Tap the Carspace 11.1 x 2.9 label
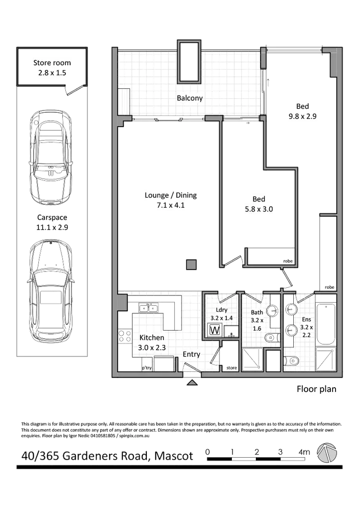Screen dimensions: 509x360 (x=52, y=223)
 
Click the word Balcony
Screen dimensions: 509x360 (x=190, y=98)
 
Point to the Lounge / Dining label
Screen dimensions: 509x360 (x=171, y=201)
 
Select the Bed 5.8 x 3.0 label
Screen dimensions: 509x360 (x=259, y=204)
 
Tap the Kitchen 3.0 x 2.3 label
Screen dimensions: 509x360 (x=152, y=343)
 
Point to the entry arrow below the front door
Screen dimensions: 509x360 (x=192, y=382)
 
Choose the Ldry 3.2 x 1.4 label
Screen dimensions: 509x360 (x=221, y=314)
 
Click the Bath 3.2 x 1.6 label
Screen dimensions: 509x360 (x=257, y=321)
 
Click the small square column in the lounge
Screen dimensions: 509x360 (x=192, y=264)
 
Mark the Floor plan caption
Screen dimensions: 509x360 (x=316, y=389)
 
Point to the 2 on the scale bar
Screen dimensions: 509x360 (x=257, y=451)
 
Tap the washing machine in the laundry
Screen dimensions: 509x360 (x=215, y=330)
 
